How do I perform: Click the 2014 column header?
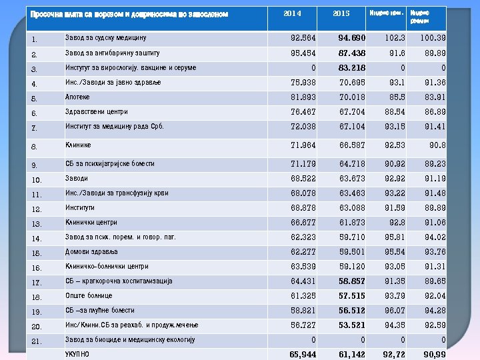tap(292, 13)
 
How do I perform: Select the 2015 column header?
tap(341, 13)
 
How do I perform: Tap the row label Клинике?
tap(78, 145)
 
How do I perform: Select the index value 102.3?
tap(393, 38)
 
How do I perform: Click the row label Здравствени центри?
tap(96, 111)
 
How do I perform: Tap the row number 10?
tap(37, 180)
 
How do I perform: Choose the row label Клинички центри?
tap(91, 223)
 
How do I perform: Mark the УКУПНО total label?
tap(77, 353)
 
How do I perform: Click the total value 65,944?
tap(303, 354)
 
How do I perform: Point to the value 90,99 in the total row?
tap(434, 354)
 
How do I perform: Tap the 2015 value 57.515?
tap(351, 296)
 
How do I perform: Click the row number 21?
tap(37, 341)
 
